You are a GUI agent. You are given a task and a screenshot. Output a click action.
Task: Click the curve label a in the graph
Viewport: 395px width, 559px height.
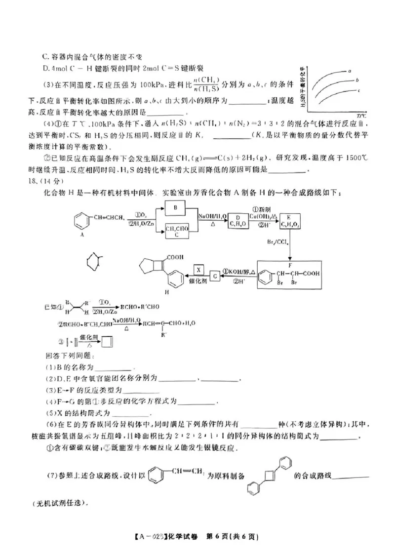pos(350,71)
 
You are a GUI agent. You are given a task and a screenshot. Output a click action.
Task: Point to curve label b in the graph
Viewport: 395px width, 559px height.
pos(356,80)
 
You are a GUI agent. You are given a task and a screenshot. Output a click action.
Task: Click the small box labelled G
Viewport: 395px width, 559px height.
pos(215,276)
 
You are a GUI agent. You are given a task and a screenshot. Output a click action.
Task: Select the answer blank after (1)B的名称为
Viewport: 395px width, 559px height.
pos(115,368)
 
